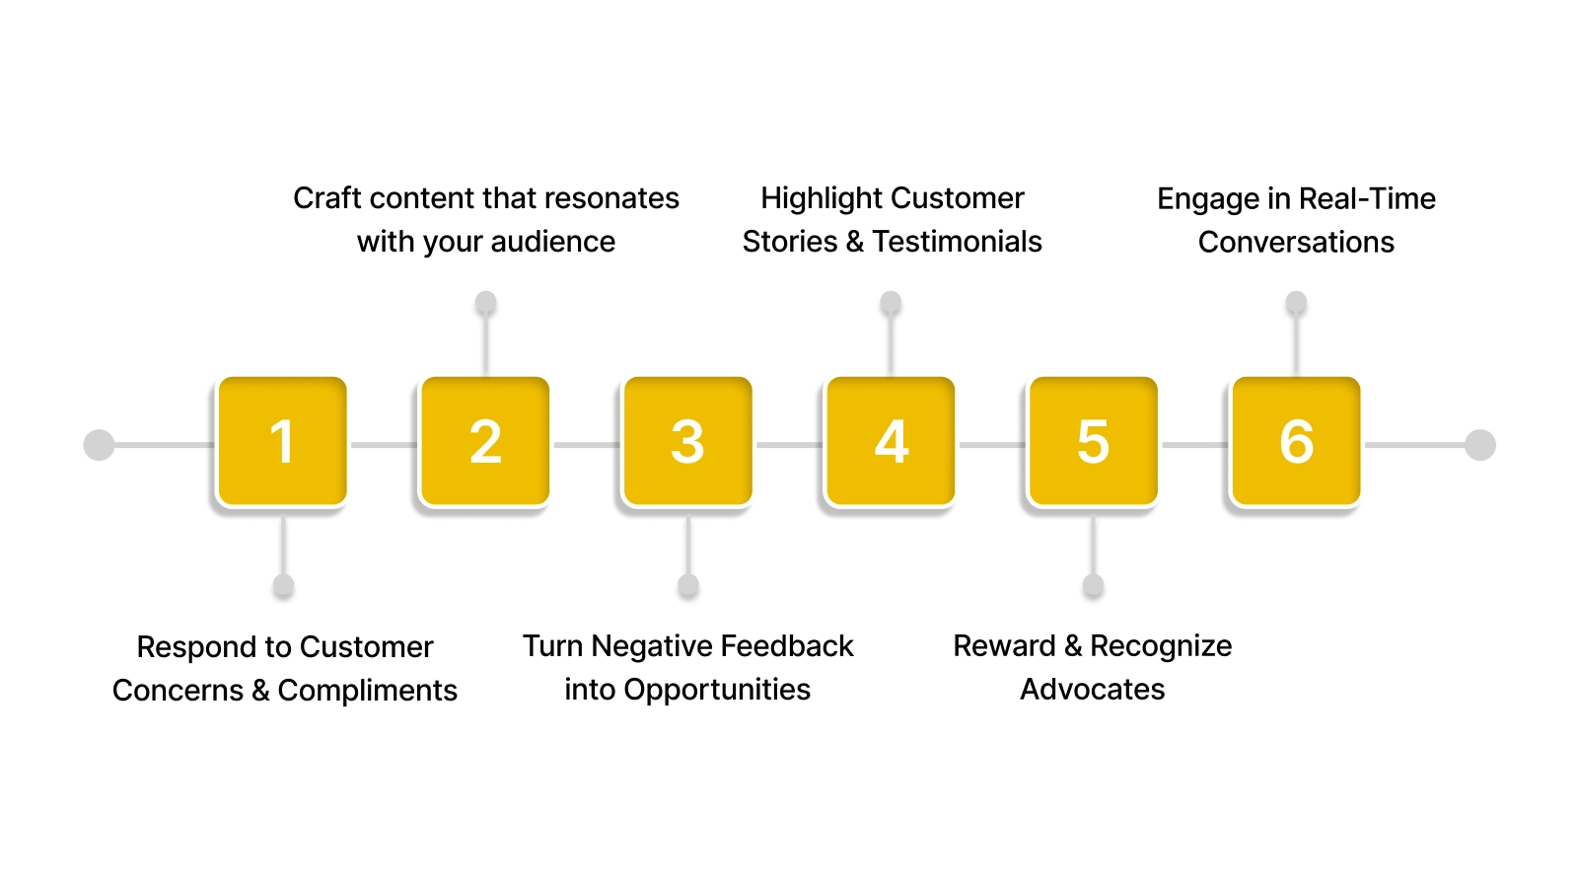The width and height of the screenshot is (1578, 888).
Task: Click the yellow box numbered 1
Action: click(282, 441)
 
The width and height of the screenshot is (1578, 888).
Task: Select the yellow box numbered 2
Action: click(484, 441)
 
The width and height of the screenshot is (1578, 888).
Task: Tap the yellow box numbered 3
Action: click(687, 441)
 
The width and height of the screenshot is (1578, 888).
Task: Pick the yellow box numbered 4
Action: click(891, 441)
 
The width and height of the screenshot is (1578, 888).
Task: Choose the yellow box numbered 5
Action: click(1093, 441)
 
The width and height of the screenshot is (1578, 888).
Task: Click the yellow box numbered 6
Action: click(1296, 441)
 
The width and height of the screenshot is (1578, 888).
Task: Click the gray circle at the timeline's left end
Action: click(99, 445)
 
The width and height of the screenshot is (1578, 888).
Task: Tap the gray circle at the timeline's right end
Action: click(1479, 445)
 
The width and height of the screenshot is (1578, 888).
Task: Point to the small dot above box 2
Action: click(485, 303)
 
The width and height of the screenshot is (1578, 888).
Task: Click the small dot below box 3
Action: click(688, 586)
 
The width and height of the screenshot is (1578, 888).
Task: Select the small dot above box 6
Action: click(1296, 303)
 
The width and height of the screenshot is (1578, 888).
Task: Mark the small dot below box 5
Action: click(1093, 586)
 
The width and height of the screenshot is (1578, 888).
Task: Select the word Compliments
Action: click(367, 691)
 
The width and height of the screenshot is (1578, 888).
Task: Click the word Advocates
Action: click(1092, 690)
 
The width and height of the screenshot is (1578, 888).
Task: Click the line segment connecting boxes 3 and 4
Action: click(789, 445)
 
